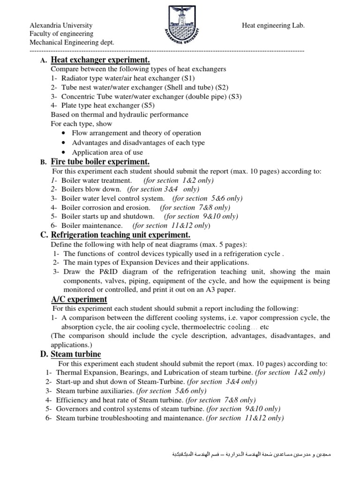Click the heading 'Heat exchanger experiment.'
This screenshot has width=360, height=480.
(100, 60)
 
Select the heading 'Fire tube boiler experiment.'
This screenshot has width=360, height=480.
(100, 162)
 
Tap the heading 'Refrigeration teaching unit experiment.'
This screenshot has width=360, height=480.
(120, 234)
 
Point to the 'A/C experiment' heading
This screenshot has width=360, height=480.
(79, 299)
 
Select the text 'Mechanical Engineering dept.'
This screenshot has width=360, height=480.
(72, 43)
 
